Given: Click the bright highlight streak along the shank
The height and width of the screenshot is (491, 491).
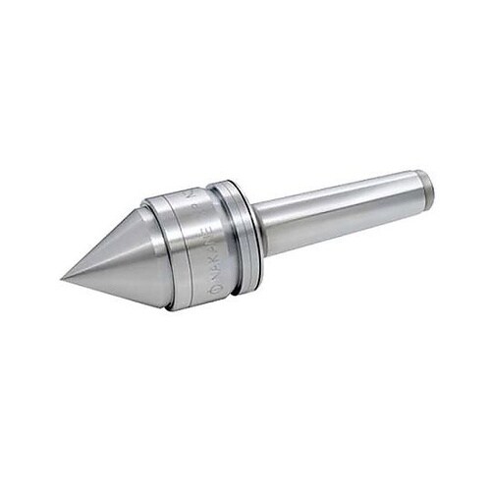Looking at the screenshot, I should pos(334,196).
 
